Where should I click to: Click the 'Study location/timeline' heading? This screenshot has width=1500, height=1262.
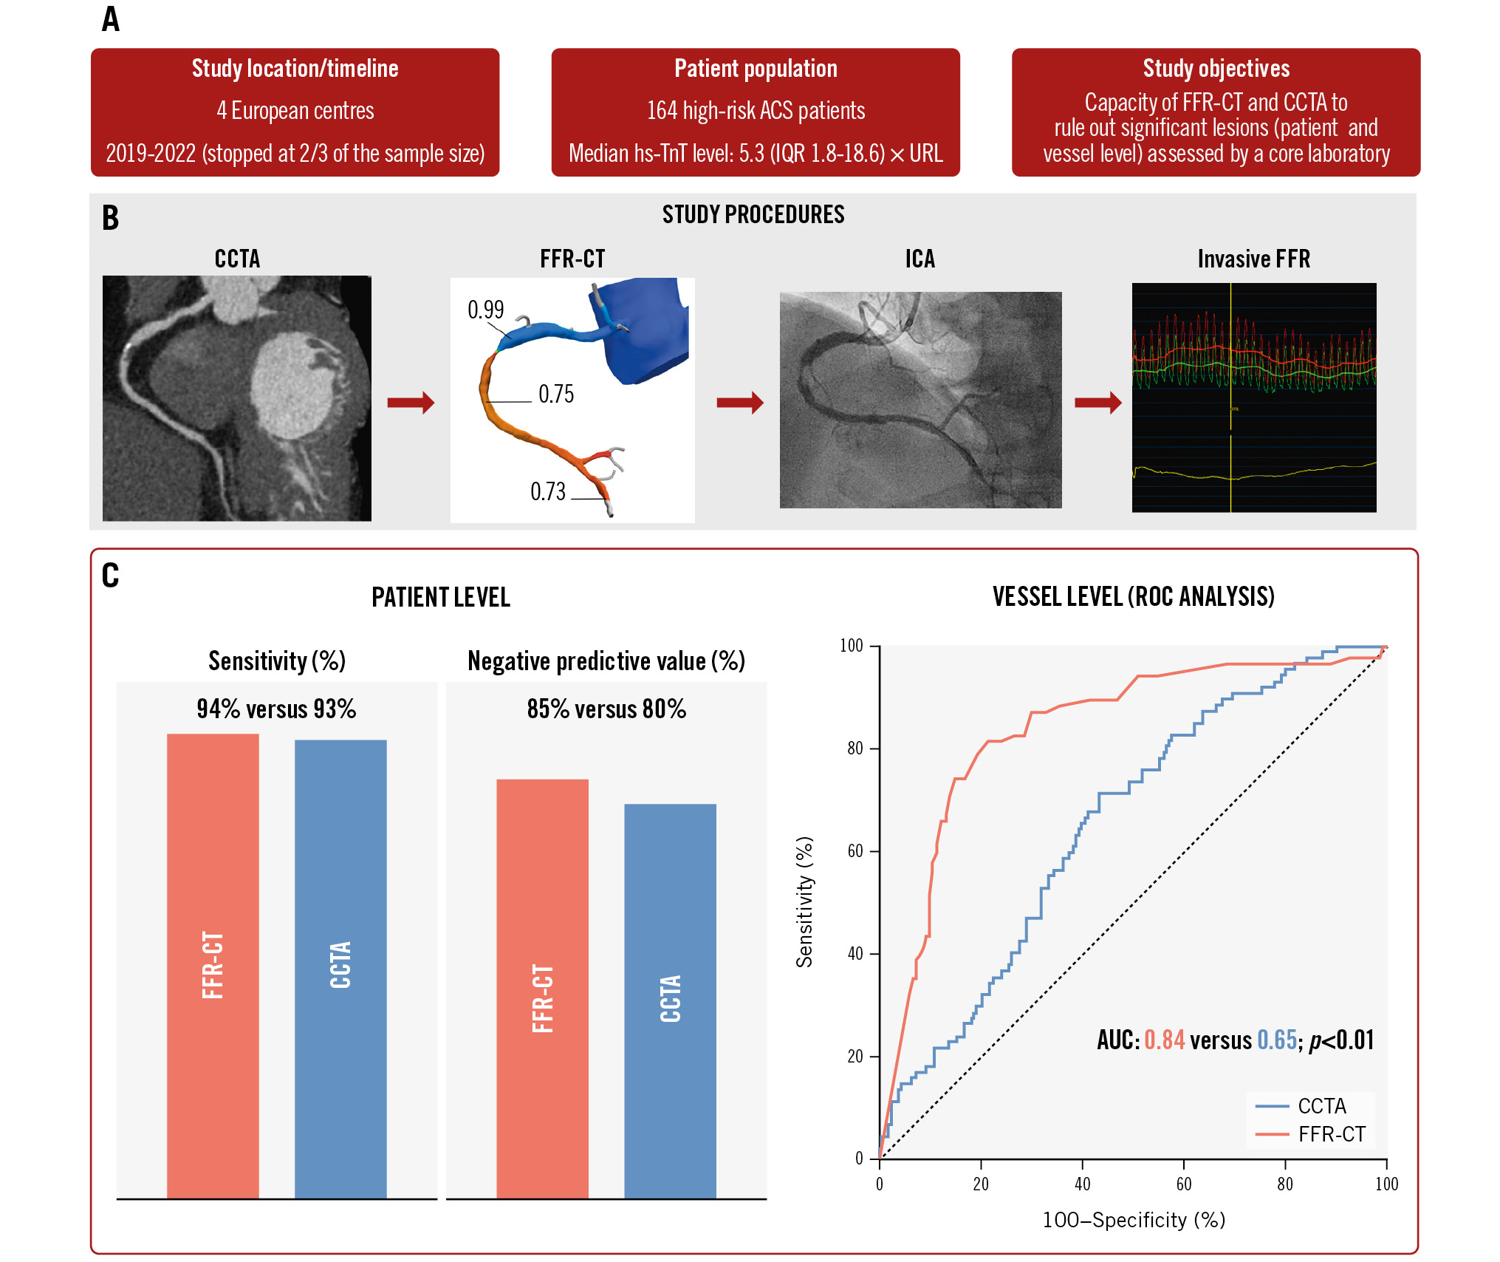(x=295, y=69)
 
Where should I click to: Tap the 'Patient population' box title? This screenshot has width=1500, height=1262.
(x=756, y=69)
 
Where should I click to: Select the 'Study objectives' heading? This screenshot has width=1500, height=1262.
(x=1216, y=69)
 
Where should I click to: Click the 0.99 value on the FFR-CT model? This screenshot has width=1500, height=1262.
(x=485, y=310)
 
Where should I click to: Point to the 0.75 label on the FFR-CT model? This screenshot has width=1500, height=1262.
(x=556, y=395)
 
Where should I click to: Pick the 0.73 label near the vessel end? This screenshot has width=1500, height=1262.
(x=547, y=492)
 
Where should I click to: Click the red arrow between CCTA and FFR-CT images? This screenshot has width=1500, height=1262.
(x=411, y=403)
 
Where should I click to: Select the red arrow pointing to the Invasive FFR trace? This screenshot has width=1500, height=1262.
(x=1097, y=403)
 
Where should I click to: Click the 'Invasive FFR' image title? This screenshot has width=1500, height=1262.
(x=1253, y=259)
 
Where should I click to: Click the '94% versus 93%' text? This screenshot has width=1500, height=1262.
(x=276, y=709)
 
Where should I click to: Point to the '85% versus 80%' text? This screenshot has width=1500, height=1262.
(x=606, y=709)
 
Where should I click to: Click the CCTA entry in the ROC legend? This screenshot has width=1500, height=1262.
(x=1321, y=1106)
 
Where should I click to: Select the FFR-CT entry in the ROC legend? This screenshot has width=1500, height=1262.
(x=1332, y=1134)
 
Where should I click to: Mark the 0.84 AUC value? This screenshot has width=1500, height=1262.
(x=1164, y=1040)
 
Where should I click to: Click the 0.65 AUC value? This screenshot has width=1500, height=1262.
(x=1277, y=1040)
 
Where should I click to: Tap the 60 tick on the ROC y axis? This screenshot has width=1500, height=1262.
(x=855, y=851)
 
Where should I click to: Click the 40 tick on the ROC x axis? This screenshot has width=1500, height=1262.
(x=1082, y=1184)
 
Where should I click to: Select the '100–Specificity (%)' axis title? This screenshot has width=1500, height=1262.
(x=1134, y=1220)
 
